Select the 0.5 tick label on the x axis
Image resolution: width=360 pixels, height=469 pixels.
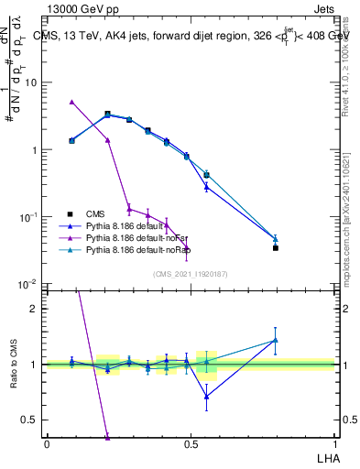(x=190, y=443)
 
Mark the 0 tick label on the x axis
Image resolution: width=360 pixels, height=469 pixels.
(x=47, y=443)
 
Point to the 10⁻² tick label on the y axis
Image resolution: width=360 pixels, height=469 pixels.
(x=30, y=285)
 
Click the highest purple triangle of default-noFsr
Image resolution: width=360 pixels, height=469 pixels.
(x=71, y=102)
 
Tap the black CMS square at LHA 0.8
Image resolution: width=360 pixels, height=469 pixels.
(x=276, y=247)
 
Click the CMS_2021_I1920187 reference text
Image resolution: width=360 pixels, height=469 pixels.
(x=190, y=273)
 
